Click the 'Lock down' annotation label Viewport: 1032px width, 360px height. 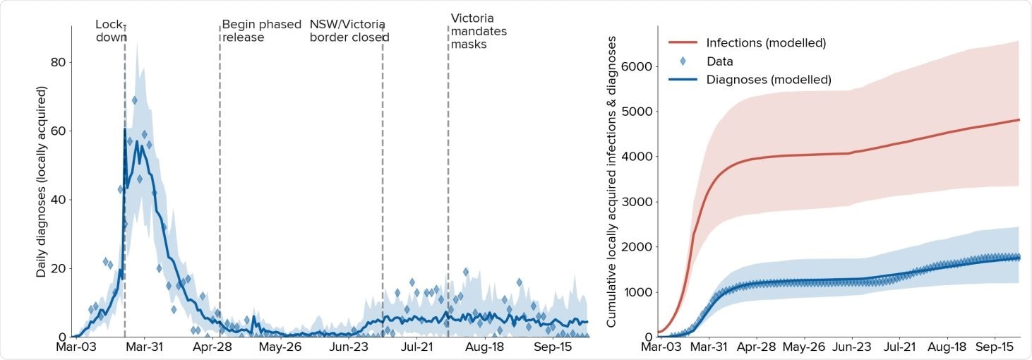(x=110, y=30)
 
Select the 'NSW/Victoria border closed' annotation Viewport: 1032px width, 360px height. (x=349, y=30)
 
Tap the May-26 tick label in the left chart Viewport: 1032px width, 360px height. (x=281, y=347)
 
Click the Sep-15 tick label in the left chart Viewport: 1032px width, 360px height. (x=553, y=347)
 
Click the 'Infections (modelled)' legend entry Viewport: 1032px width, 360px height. (x=766, y=43)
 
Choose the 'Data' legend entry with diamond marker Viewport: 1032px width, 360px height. (x=719, y=61)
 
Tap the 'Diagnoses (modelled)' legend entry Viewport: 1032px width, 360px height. (x=769, y=80)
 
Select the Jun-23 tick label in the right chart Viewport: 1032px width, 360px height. (x=851, y=347)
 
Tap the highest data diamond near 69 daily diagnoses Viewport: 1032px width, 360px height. (x=134, y=100)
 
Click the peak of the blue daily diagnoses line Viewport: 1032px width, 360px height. (x=125, y=129)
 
